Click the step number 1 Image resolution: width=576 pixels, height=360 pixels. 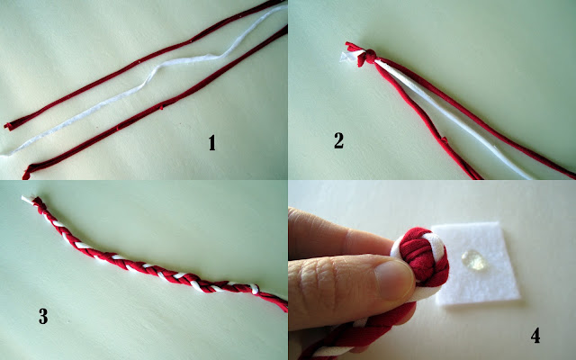click(211, 143)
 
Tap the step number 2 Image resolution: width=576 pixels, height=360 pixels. click(338, 140)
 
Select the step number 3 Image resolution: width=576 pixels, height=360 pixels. click(43, 316)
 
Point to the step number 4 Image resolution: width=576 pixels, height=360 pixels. click(535, 336)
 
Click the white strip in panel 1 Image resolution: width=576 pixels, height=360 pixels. click(147, 80)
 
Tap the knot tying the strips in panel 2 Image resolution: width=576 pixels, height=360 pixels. click(370, 56)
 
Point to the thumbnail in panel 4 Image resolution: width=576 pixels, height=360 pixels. click(393, 279)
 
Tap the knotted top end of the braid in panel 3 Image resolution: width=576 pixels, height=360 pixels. click(39, 202)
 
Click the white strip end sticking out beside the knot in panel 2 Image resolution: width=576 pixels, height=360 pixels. click(347, 57)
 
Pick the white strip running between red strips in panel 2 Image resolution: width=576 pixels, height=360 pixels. click(452, 118)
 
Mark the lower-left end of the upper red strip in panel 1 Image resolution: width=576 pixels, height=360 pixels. click(7, 126)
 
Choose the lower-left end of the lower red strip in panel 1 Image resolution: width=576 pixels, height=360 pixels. click(26, 174)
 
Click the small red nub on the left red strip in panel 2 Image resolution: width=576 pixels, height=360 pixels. click(444, 140)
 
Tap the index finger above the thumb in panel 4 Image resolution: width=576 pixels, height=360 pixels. click(342, 235)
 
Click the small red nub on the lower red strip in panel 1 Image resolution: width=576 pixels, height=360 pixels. click(161, 107)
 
